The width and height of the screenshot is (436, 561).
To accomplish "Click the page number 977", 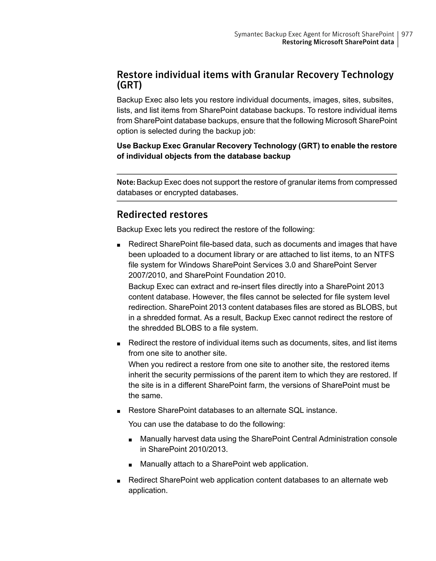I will click(407, 34).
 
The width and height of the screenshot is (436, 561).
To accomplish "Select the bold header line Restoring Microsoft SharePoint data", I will click(338, 42).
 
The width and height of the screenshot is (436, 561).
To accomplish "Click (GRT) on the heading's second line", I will click(129, 85).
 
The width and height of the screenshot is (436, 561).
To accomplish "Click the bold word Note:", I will click(126, 182).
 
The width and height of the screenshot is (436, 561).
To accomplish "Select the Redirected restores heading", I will click(162, 215).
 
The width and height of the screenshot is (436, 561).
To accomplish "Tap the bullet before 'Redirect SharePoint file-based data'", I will click(119, 245).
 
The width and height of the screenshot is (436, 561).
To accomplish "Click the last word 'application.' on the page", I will click(148, 491).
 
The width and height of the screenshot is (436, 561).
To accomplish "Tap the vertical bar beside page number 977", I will click(398, 39).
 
